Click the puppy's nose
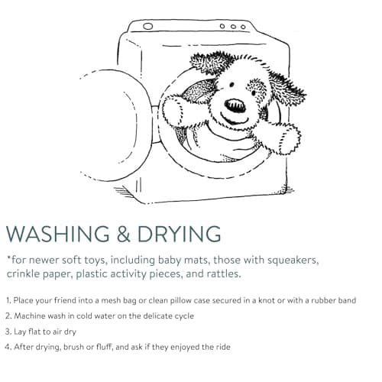tap(235, 105)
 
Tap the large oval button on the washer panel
tap(148, 26)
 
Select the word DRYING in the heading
tap(179, 234)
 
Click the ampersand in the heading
tap(124, 234)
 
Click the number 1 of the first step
tap(8, 300)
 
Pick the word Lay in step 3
tap(20, 332)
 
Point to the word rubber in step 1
tap(324, 300)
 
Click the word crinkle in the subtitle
tap(23, 274)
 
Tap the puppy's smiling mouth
tap(234, 118)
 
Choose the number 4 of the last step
tap(8, 347)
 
